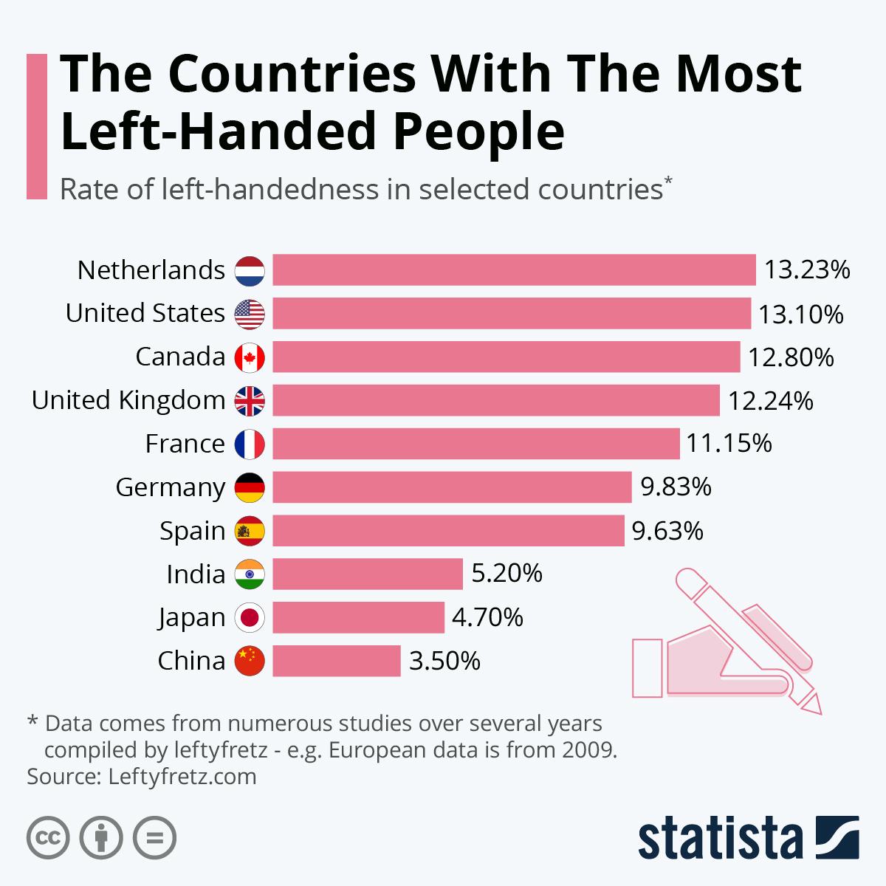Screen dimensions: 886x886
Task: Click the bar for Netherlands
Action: pyautogui.click(x=514, y=269)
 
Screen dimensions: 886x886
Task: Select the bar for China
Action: pyautogui.click(x=337, y=661)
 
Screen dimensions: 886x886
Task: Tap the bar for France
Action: pyautogui.click(x=476, y=444)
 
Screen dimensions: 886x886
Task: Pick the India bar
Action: pyautogui.click(x=368, y=574)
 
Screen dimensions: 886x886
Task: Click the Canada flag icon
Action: pyautogui.click(x=250, y=357)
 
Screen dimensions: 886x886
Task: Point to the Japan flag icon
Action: pyautogui.click(x=250, y=617)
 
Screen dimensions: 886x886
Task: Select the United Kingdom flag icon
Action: pyautogui.click(x=250, y=400)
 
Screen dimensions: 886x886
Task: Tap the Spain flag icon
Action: pyautogui.click(x=250, y=530)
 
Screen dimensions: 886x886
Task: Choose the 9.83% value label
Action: pyautogui.click(x=676, y=487)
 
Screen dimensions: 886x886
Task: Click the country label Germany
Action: pyautogui.click(x=171, y=488)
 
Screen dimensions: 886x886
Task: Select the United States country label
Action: pyautogui.click(x=145, y=313)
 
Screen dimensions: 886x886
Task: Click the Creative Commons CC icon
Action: pyautogui.click(x=48, y=838)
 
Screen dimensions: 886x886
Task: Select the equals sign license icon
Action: pyautogui.click(x=154, y=838)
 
